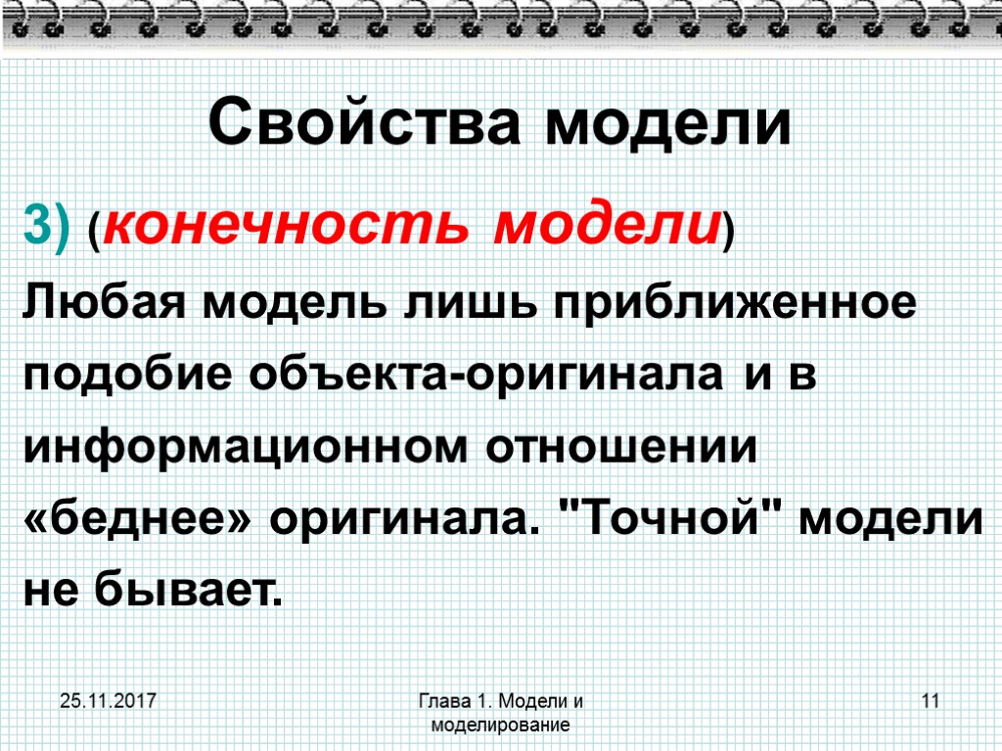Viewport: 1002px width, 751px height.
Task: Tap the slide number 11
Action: (x=930, y=702)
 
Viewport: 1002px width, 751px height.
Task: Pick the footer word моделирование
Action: (x=500, y=726)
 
